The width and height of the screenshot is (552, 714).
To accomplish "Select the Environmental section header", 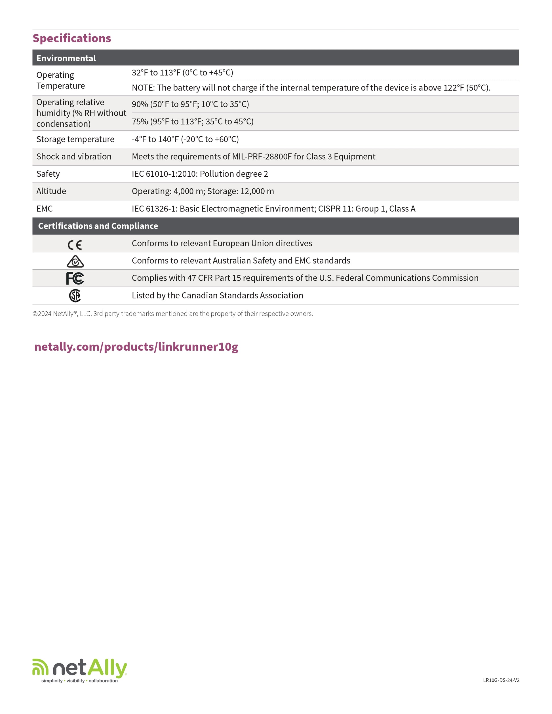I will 66,58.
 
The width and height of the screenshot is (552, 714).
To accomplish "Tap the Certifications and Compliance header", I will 98,226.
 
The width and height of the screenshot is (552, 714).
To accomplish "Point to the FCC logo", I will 75,278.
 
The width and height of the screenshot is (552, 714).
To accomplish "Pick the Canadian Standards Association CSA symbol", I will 75,295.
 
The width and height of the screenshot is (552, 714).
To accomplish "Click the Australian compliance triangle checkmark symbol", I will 75,261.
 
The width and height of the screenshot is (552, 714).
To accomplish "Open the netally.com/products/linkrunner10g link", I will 136,347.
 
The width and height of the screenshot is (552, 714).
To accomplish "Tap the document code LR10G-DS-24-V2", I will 501,680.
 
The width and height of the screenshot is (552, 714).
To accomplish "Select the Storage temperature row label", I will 75,139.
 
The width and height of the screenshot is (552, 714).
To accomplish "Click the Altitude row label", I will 51,191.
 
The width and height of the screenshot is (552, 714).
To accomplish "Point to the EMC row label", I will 45,209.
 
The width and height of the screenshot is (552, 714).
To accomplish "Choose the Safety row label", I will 48,174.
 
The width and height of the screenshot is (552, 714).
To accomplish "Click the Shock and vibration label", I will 74,157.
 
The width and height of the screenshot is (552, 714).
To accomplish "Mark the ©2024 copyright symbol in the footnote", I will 35,314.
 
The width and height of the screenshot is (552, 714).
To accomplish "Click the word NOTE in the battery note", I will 143,88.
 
